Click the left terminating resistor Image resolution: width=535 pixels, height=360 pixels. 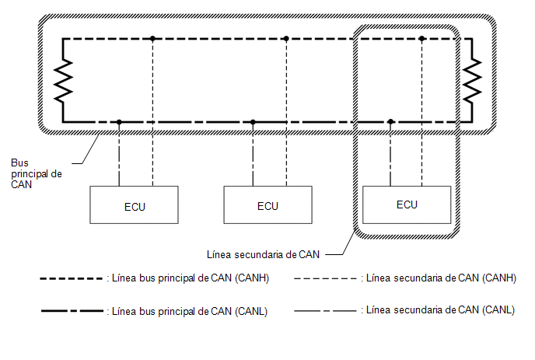click(63, 81)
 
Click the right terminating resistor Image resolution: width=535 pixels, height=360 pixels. click(472, 81)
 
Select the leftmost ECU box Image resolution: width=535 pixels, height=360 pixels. click(134, 204)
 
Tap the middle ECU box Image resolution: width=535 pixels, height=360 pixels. click(267, 204)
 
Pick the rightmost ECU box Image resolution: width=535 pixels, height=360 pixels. click(407, 204)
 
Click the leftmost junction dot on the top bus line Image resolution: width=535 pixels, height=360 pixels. click(152, 39)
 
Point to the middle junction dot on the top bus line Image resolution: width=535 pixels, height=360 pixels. click(286, 39)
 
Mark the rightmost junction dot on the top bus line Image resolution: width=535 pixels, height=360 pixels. click(421, 39)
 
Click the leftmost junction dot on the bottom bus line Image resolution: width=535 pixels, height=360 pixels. click(119, 122)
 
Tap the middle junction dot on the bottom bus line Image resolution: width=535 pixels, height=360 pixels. click(253, 122)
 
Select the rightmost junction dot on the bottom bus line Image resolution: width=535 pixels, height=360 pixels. click(390, 122)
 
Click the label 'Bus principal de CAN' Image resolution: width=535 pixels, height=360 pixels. click(37, 173)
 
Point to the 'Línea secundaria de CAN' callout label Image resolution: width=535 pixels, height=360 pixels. click(263, 254)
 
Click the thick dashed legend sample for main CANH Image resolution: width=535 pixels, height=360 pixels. click(72, 279)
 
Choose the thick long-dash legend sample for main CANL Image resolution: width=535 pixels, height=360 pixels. click(72, 311)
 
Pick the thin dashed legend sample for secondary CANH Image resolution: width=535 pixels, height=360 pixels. click(325, 279)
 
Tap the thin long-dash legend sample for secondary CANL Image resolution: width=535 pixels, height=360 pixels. click(325, 311)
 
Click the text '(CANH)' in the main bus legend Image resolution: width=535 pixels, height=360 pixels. click(252, 278)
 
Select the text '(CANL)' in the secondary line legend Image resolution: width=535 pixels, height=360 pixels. click(498, 309)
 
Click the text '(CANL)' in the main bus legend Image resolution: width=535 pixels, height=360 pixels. click(251, 312)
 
